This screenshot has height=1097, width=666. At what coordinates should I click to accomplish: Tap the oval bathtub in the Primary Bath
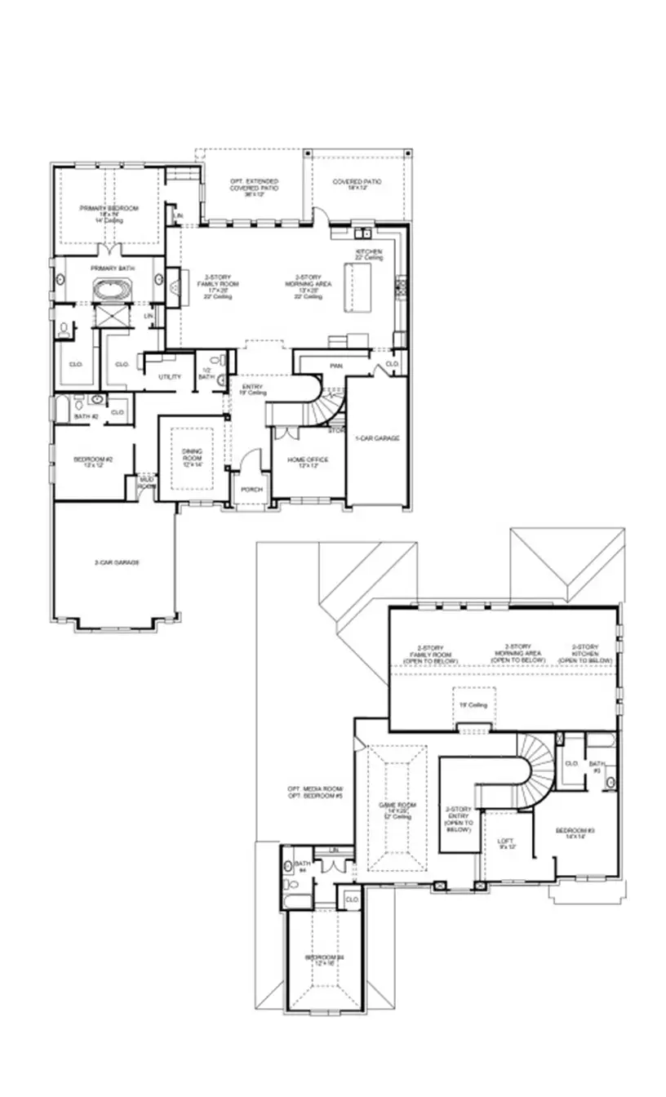109,289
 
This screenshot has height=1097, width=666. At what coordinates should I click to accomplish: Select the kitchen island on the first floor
356,286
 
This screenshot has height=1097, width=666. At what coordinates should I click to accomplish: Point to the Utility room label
170,376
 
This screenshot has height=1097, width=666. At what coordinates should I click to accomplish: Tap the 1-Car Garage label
376,438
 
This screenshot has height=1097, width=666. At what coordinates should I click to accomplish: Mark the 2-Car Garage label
114,563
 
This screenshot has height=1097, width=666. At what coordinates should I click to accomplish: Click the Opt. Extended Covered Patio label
253,184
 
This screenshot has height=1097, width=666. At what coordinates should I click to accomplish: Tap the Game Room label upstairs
397,808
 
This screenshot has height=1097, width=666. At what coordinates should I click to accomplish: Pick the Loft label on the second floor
507,843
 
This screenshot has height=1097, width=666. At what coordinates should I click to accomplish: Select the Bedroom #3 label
575,833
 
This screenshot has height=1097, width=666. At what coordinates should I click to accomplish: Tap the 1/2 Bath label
206,373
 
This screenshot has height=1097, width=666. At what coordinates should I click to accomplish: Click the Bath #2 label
86,416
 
